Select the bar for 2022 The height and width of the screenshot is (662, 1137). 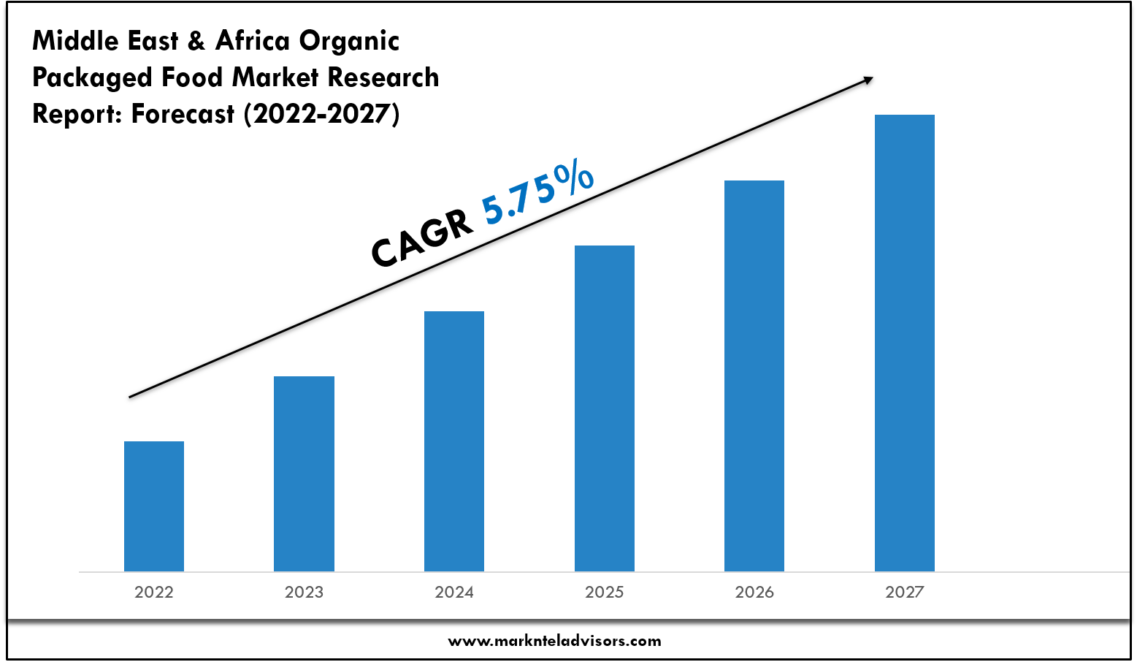(154, 506)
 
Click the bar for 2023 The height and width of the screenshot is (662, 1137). (304, 473)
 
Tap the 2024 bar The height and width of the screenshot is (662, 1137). (454, 441)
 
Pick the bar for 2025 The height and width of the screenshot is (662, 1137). (605, 408)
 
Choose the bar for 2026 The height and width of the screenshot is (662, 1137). (754, 376)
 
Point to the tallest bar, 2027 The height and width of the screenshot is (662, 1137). (905, 343)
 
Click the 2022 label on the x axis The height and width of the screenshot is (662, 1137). (154, 592)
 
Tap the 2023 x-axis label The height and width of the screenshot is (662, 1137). (304, 592)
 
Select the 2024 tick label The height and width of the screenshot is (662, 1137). (454, 592)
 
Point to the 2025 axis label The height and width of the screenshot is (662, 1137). (605, 592)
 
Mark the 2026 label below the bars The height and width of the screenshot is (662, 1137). (754, 592)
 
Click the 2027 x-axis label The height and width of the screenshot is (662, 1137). (905, 592)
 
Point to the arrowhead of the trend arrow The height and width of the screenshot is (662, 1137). (868, 79)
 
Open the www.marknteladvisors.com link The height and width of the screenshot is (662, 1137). (554, 642)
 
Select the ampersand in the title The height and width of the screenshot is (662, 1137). (196, 41)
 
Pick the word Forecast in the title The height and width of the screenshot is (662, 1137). (183, 114)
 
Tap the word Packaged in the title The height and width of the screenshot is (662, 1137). (92, 78)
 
